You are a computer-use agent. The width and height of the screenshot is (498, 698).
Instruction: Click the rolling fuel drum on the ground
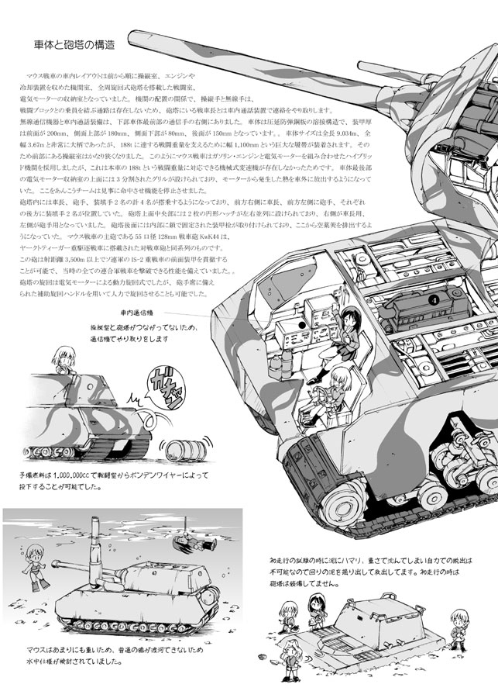click(x=179, y=451)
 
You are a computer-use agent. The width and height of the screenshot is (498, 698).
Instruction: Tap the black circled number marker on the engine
click(x=434, y=298)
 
